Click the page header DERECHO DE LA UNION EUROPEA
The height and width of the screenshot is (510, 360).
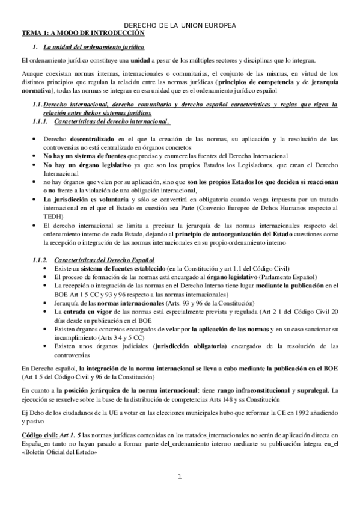(180, 26)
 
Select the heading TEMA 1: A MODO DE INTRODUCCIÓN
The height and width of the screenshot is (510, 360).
(70, 34)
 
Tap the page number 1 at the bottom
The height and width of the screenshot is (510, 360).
(179, 478)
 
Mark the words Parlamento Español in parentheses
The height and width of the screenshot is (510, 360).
(289, 277)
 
